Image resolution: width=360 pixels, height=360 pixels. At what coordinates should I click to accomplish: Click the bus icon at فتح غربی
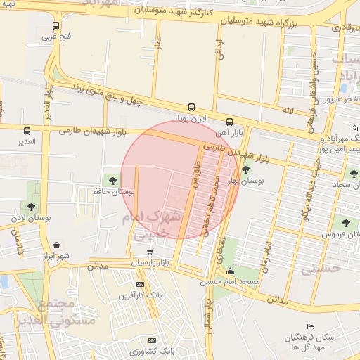click(56, 26)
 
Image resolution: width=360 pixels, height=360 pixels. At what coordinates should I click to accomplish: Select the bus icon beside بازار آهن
click(230, 121)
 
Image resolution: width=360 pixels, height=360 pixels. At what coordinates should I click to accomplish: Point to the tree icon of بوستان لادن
click(31, 206)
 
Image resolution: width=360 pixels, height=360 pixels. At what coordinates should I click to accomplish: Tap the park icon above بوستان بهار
click(246, 169)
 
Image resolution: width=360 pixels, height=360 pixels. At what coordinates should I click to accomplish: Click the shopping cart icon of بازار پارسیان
click(149, 251)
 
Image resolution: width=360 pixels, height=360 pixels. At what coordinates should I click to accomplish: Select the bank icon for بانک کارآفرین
click(140, 284)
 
